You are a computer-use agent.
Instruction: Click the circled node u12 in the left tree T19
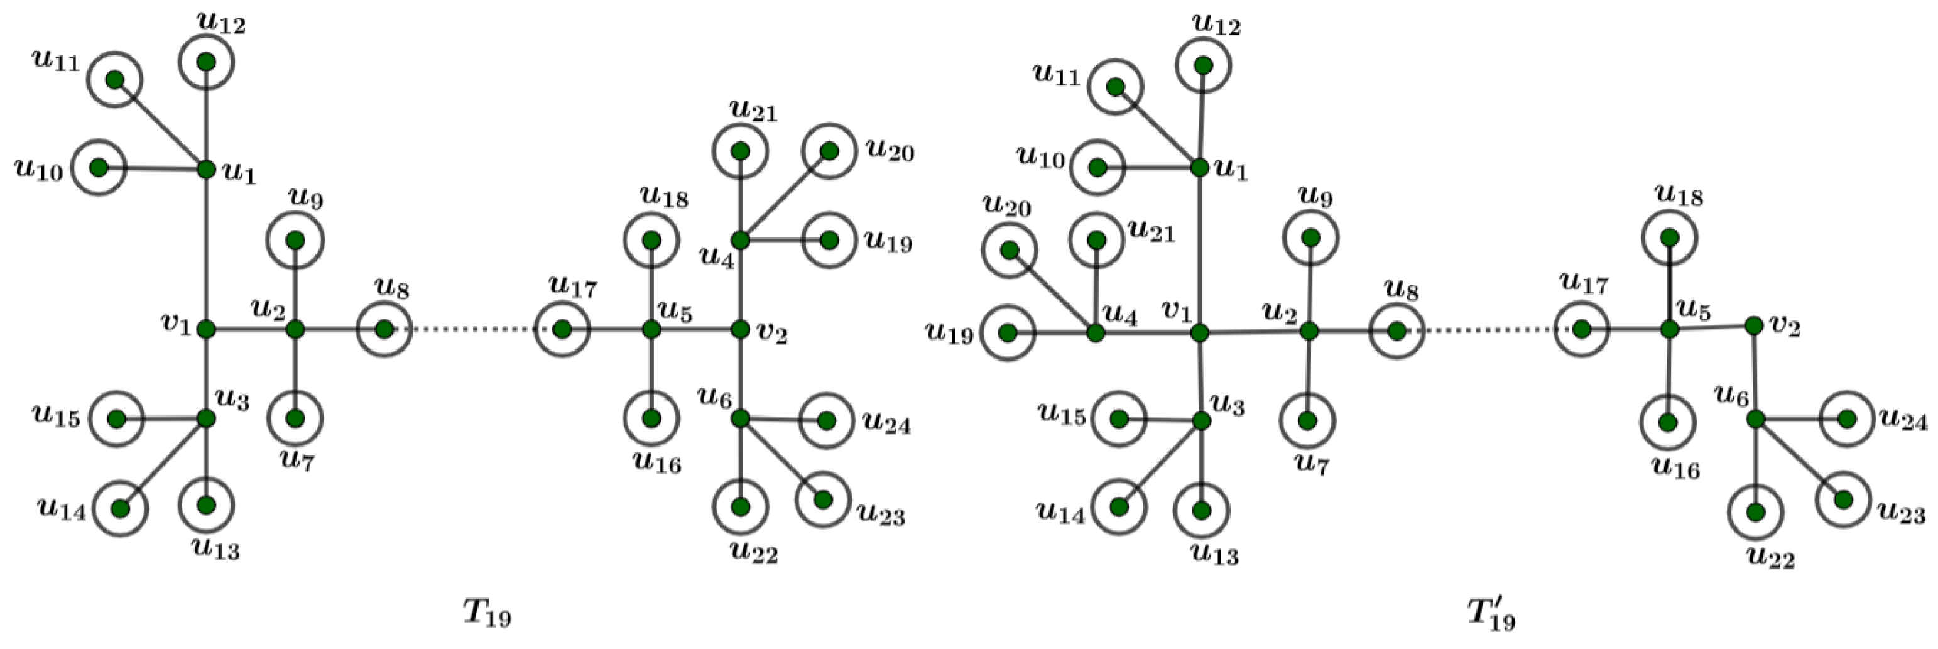click(x=206, y=62)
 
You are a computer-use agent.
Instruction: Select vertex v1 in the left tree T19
click(x=206, y=329)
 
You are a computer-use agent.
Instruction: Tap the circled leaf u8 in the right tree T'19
click(x=1396, y=331)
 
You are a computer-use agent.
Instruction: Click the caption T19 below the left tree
click(x=487, y=614)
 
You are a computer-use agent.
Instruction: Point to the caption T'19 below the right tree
click(x=1491, y=614)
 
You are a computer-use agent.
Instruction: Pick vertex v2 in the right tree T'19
click(x=1754, y=325)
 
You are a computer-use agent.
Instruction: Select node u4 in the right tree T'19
click(x=1096, y=332)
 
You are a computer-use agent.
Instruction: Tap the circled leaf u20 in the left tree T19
click(x=829, y=151)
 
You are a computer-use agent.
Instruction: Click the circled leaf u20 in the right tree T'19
click(x=1010, y=249)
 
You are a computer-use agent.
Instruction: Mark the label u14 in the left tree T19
click(x=62, y=511)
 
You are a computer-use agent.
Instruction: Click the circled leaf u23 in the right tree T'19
click(x=1843, y=500)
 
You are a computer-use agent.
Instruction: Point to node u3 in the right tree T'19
click(x=1202, y=421)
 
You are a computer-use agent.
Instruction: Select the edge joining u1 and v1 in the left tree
click(x=206, y=248)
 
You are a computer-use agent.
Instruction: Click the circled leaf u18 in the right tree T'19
click(x=1669, y=237)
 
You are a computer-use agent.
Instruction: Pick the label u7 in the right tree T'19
click(x=1312, y=464)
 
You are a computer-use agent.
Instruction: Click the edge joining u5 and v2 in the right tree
click(x=1712, y=328)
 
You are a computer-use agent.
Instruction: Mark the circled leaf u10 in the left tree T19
click(x=99, y=167)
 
